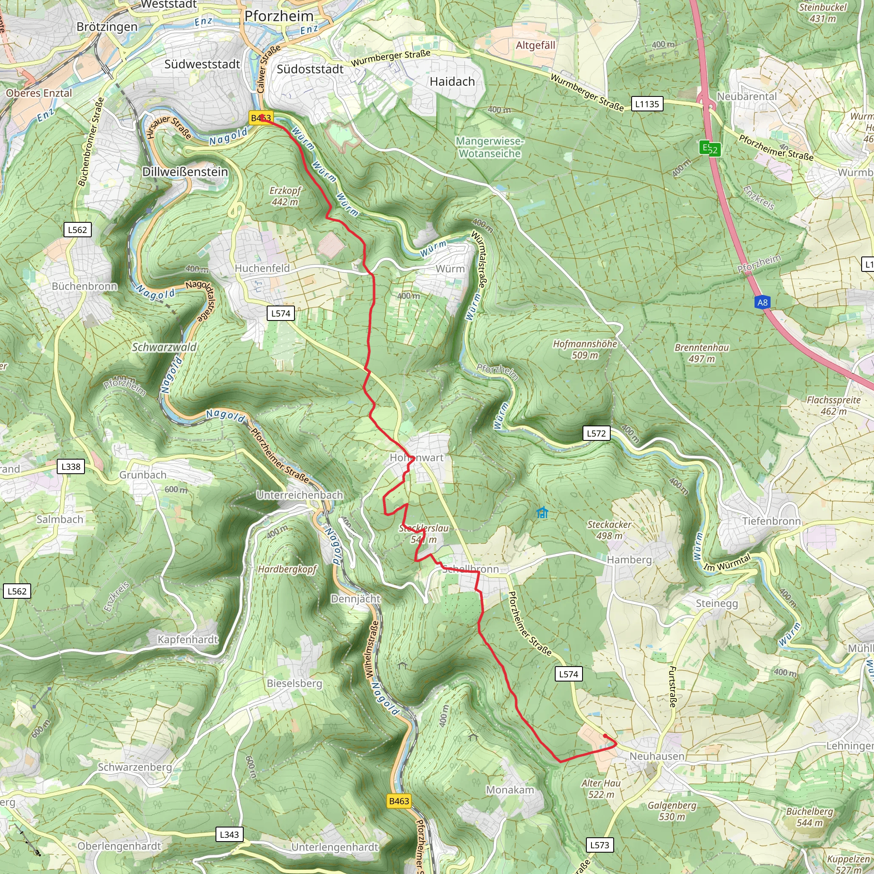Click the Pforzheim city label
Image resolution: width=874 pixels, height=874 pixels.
(x=279, y=16)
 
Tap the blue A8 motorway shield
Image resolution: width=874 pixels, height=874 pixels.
(x=762, y=302)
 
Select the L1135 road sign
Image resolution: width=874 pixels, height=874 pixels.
(x=647, y=104)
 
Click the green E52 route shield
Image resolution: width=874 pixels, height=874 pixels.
(x=710, y=149)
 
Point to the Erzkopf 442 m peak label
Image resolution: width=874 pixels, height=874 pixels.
(x=285, y=196)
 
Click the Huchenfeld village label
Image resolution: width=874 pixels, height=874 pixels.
(x=262, y=268)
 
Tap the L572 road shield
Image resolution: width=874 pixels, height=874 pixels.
(x=596, y=434)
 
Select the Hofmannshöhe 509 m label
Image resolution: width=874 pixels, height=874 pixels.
(x=585, y=349)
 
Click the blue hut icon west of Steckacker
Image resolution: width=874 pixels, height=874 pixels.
(x=542, y=513)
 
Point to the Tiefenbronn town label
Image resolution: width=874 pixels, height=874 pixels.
(x=771, y=521)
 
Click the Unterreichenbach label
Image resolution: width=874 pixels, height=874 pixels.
(x=300, y=495)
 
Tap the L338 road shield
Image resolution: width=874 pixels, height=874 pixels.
(x=71, y=466)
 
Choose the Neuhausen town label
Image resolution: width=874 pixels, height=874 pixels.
(x=657, y=756)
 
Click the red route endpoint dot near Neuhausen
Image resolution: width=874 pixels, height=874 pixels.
(x=605, y=736)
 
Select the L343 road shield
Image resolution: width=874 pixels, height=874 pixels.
(x=229, y=834)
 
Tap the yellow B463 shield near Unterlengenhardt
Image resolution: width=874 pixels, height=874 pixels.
(x=399, y=801)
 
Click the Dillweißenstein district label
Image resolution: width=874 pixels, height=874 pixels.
(x=185, y=172)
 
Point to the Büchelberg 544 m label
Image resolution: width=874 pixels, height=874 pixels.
(x=809, y=816)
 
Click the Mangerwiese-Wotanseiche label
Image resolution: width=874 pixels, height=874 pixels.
(x=489, y=148)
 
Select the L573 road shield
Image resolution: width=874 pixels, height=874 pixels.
(x=600, y=845)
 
